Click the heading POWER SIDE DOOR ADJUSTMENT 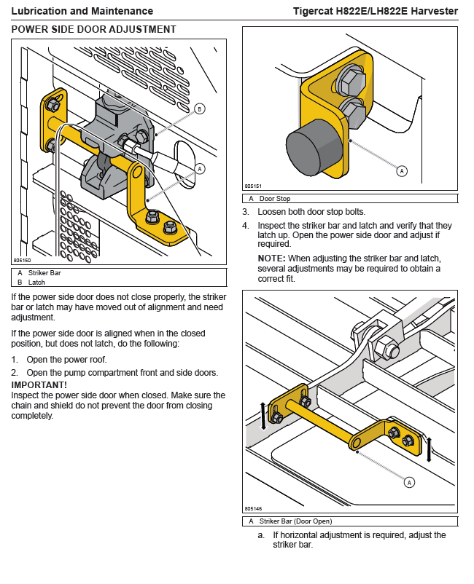[x=94, y=29]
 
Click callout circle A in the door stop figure [x=402, y=171]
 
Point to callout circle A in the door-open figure [x=409, y=481]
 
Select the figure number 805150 [x=21, y=260]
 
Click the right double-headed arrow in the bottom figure [x=430, y=449]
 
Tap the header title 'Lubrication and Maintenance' [x=82, y=11]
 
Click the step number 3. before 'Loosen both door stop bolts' [x=246, y=212]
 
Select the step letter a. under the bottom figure [x=261, y=535]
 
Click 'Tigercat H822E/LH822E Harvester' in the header [x=375, y=11]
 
